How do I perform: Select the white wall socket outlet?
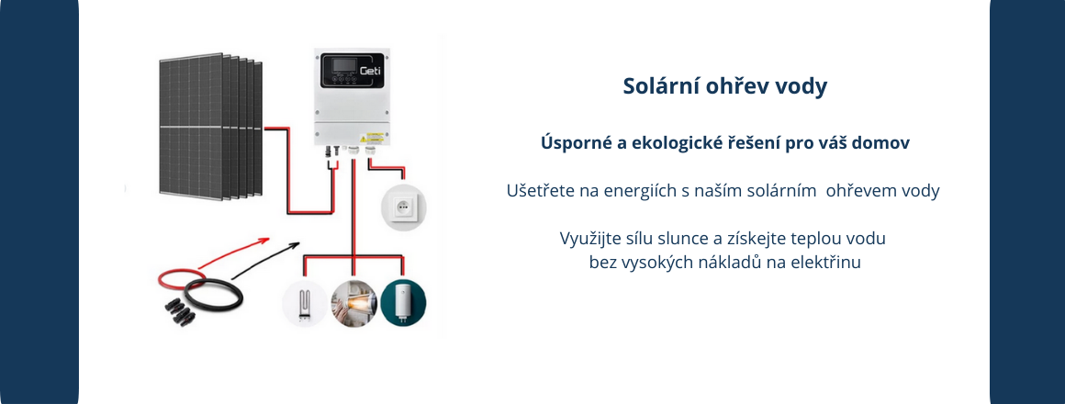click(403, 206)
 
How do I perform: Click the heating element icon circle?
click(305, 302)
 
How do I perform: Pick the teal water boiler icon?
click(403, 302)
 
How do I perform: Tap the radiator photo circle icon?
click(353, 302)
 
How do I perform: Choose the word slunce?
click(686, 239)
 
